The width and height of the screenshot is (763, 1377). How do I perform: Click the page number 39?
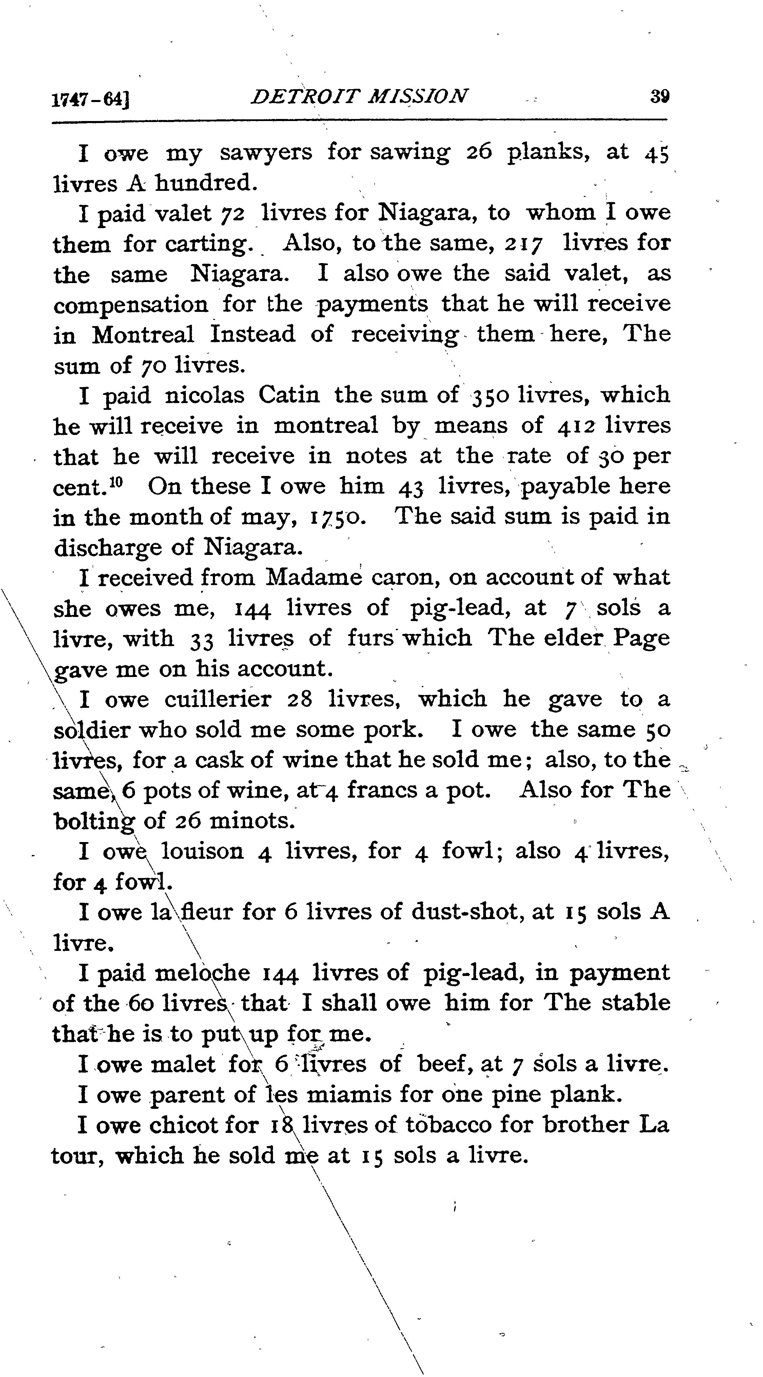tap(660, 97)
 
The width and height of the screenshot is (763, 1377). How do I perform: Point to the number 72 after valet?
tap(233, 214)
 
